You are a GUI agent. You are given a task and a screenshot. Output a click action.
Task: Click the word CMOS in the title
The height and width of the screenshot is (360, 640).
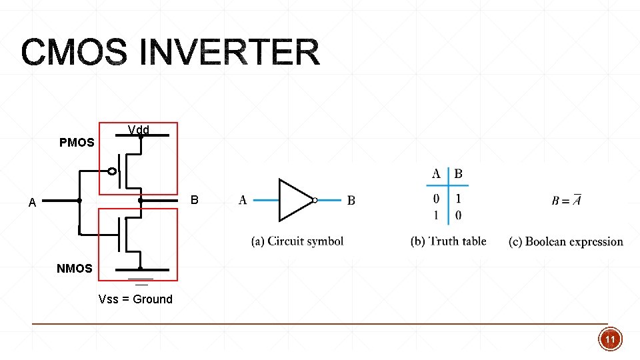click(74, 52)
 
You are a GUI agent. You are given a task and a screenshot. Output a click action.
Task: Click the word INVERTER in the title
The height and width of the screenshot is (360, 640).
click(230, 52)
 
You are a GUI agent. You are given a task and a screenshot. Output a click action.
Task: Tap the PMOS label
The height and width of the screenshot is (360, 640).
click(77, 143)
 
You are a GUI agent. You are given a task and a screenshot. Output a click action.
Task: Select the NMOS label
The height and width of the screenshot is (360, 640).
click(74, 268)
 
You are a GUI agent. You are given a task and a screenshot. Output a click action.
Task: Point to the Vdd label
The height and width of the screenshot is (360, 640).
click(139, 130)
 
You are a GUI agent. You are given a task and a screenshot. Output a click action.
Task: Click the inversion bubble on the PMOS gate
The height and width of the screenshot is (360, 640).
click(112, 171)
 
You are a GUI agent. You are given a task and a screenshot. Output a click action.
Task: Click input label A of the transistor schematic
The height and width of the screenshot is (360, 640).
click(32, 202)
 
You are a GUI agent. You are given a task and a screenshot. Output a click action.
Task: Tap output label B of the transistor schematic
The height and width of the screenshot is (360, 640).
click(194, 200)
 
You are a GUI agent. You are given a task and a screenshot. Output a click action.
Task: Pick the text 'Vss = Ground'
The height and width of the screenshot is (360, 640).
click(135, 299)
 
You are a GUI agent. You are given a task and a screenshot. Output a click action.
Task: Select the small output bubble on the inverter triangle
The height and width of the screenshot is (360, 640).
click(315, 200)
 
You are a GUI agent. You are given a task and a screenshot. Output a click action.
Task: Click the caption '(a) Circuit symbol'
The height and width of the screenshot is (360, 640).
click(297, 241)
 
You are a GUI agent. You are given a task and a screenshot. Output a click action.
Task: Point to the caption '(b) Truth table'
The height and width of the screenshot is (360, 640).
click(448, 241)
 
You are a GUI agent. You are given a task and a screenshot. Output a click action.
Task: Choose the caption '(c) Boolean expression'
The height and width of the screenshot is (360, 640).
click(566, 241)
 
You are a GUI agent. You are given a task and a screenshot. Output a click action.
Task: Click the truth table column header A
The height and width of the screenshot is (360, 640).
click(436, 174)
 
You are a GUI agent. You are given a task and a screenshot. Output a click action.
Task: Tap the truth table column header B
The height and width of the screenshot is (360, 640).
click(459, 174)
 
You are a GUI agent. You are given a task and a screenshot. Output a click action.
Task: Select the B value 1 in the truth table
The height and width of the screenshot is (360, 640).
click(458, 199)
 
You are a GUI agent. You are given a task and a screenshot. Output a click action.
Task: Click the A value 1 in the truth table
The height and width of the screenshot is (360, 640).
click(436, 215)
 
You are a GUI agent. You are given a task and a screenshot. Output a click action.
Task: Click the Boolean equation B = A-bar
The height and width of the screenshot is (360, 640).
click(566, 200)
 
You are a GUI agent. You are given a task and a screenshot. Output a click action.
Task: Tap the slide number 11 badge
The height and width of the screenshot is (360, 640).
click(610, 339)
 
